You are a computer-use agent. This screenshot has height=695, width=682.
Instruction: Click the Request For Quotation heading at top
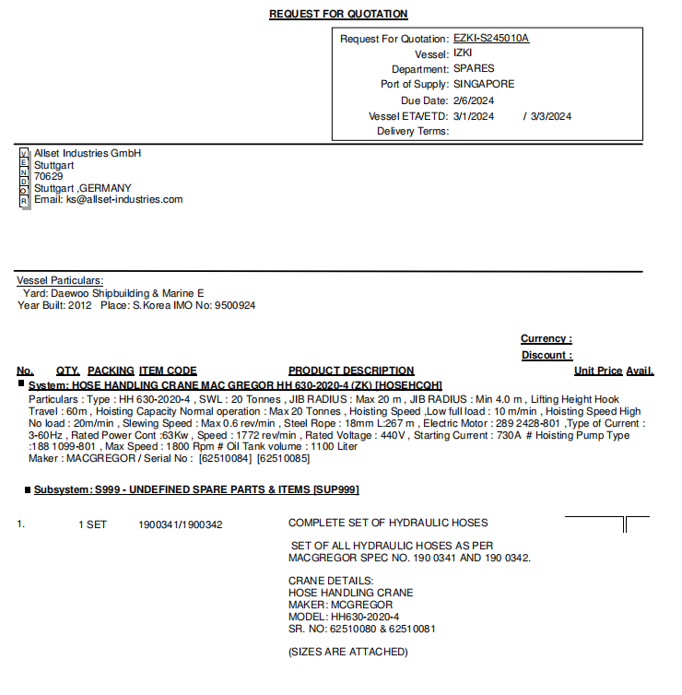(x=338, y=14)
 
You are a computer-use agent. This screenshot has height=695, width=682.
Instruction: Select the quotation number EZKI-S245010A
(x=491, y=39)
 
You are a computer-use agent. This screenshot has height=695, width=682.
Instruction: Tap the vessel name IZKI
(x=463, y=53)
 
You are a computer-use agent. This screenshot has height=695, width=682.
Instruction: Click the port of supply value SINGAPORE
(x=484, y=84)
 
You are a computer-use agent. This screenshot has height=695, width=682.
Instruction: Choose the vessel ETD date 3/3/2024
(x=551, y=116)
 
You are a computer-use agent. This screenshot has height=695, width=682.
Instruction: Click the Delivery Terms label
(x=412, y=131)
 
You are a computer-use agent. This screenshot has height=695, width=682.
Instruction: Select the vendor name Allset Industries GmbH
(x=88, y=153)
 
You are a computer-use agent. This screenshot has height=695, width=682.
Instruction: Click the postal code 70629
(x=49, y=176)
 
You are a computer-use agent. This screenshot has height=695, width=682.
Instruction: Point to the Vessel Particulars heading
(x=60, y=280)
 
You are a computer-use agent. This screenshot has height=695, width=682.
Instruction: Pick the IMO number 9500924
(x=234, y=305)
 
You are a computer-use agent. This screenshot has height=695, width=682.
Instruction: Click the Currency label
(x=546, y=339)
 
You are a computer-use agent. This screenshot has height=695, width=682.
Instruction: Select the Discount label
(x=546, y=355)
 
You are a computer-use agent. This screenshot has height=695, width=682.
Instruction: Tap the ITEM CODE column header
(x=168, y=371)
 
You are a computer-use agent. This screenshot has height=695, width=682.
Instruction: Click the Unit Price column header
(x=597, y=371)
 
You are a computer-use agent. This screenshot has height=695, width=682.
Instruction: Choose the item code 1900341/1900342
(x=181, y=524)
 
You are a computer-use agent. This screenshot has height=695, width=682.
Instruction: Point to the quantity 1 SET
(x=92, y=524)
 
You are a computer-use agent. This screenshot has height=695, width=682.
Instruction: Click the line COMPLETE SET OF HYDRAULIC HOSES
(x=388, y=524)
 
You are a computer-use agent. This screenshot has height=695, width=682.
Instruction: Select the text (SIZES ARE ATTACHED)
(x=348, y=652)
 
